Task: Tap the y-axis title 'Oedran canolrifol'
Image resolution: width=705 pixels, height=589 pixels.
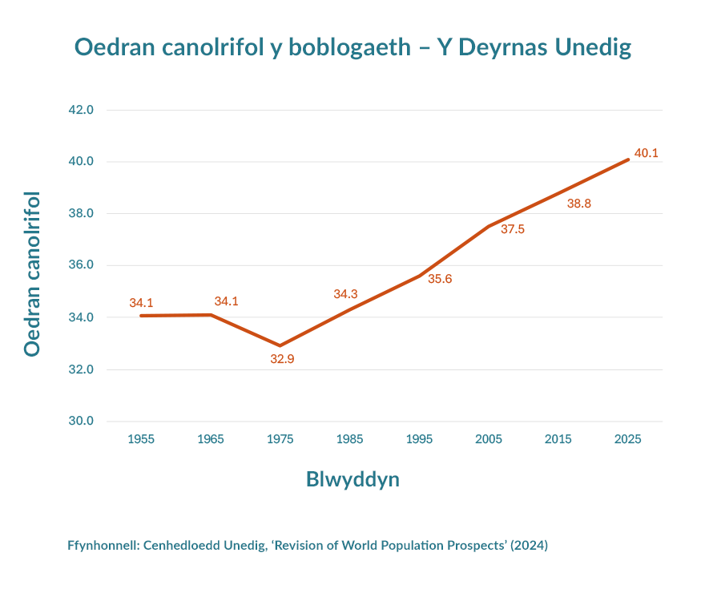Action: (31, 273)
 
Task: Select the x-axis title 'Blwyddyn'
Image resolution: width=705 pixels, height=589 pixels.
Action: (352, 479)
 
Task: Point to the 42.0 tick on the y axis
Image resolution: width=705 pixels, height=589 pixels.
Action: (81, 110)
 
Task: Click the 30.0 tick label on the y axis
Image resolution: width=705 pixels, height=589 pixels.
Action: (81, 421)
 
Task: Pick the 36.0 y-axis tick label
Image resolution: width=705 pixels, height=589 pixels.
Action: (81, 265)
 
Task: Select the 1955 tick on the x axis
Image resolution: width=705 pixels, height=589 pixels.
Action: (141, 439)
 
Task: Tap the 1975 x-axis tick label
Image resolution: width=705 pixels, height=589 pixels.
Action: (280, 439)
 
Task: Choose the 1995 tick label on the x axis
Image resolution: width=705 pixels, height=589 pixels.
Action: (420, 439)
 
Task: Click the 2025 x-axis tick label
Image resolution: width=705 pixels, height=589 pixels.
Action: (627, 439)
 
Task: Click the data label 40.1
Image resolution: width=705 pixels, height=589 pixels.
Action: (646, 153)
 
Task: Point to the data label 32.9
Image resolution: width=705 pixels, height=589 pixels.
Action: (282, 359)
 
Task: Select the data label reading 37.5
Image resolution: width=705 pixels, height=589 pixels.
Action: (513, 229)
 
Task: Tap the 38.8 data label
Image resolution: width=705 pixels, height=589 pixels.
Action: (579, 204)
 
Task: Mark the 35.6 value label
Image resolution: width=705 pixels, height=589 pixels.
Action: (440, 279)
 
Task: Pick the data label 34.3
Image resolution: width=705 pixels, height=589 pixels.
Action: (345, 294)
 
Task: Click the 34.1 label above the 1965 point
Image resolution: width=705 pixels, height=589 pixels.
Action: (226, 301)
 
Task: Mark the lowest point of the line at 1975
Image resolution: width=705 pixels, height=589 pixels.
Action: (280, 345)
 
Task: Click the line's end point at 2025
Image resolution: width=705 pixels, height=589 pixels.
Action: (628, 159)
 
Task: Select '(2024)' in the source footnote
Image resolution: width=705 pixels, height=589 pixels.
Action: (530, 546)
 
